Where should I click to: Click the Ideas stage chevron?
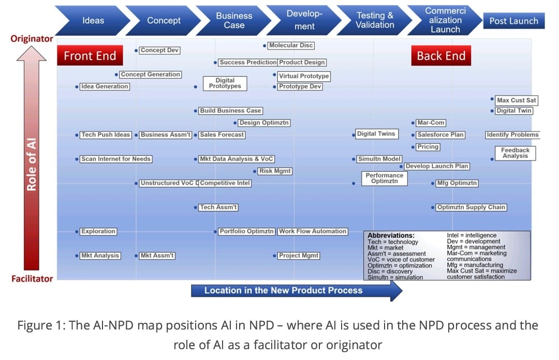pyautogui.click(x=93, y=21)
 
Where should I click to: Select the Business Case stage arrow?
pyautogui.click(x=234, y=21)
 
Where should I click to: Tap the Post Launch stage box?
pyautogui.click(x=514, y=21)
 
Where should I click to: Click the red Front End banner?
pyautogui.click(x=90, y=56)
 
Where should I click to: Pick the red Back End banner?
pyautogui.click(x=441, y=56)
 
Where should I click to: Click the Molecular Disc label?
pyautogui.click(x=291, y=46)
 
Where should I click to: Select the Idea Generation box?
pyautogui.click(x=105, y=86)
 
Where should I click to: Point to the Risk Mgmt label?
pyautogui.click(x=275, y=171)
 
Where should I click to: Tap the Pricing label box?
pyautogui.click(x=428, y=147)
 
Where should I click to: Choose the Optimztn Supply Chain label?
pyautogui.click(x=471, y=207)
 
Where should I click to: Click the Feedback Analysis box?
pyautogui.click(x=515, y=153)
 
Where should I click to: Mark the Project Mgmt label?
pyautogui.click(x=299, y=256)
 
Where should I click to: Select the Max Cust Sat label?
pyautogui.click(x=516, y=100)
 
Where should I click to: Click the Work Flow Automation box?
pyautogui.click(x=312, y=231)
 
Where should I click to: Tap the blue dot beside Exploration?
pyautogui.click(x=77, y=232)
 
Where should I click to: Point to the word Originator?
pyautogui.click(x=32, y=38)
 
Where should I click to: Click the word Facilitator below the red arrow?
pyautogui.click(x=32, y=279)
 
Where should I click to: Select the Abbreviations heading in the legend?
pyautogui.click(x=391, y=236)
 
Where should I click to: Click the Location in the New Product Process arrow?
pyautogui.click(x=297, y=291)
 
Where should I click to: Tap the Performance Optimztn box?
pyautogui.click(x=384, y=178)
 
